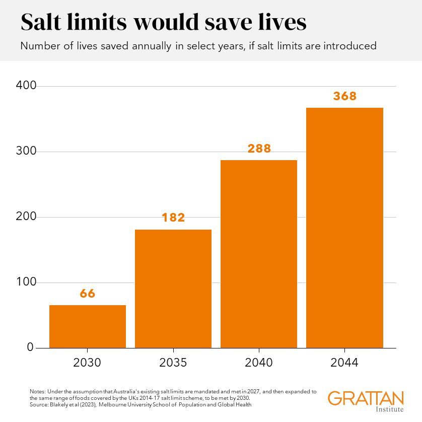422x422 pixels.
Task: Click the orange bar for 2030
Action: [88, 326]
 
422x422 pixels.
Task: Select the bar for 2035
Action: [173, 289]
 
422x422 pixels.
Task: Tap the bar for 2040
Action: [259, 254]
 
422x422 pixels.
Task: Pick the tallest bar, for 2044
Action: [344, 228]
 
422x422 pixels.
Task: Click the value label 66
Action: [88, 294]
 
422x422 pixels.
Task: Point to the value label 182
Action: [173, 218]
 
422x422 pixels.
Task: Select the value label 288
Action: [259, 149]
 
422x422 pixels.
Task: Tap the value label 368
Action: [344, 96]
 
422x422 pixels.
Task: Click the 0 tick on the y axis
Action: [30, 347]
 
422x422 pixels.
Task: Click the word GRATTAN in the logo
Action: [366, 398]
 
